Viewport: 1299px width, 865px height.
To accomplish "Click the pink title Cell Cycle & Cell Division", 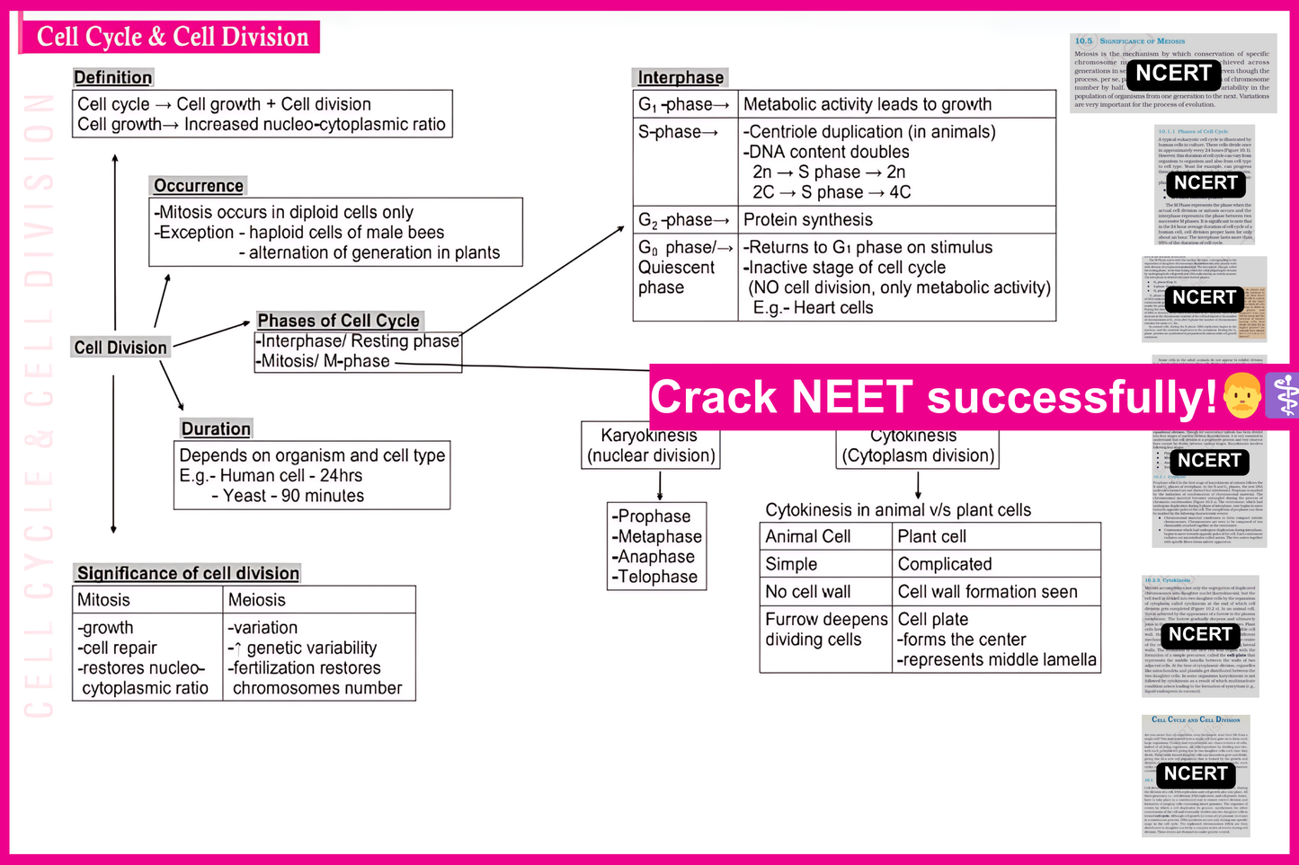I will click(172, 37).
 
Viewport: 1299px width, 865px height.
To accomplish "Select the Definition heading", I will click(112, 77).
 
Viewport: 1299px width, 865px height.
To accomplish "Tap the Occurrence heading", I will click(198, 186).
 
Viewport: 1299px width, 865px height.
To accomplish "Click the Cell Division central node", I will click(120, 348).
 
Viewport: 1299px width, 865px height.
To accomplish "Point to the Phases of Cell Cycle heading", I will click(338, 321).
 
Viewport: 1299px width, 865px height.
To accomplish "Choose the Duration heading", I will click(216, 428).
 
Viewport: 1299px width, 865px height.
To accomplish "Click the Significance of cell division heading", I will click(187, 573).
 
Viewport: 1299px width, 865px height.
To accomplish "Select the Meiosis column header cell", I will click(257, 600).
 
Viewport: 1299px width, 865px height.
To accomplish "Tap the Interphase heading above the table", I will click(681, 77).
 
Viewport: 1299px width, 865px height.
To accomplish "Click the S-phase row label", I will click(678, 132).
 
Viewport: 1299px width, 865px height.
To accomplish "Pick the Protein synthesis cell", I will click(807, 220).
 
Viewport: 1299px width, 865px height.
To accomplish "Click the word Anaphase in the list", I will click(655, 557).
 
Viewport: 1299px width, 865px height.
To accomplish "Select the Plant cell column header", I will click(931, 536).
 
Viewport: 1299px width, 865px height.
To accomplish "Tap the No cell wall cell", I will click(807, 592).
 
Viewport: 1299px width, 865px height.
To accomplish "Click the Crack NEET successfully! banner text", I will click(933, 397).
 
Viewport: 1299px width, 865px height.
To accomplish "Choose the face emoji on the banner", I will click(1242, 396).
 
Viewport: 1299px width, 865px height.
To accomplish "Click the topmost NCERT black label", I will click(1173, 74).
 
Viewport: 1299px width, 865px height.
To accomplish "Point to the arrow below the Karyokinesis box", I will click(660, 486).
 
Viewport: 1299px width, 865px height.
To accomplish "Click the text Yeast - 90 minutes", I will click(288, 496).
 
